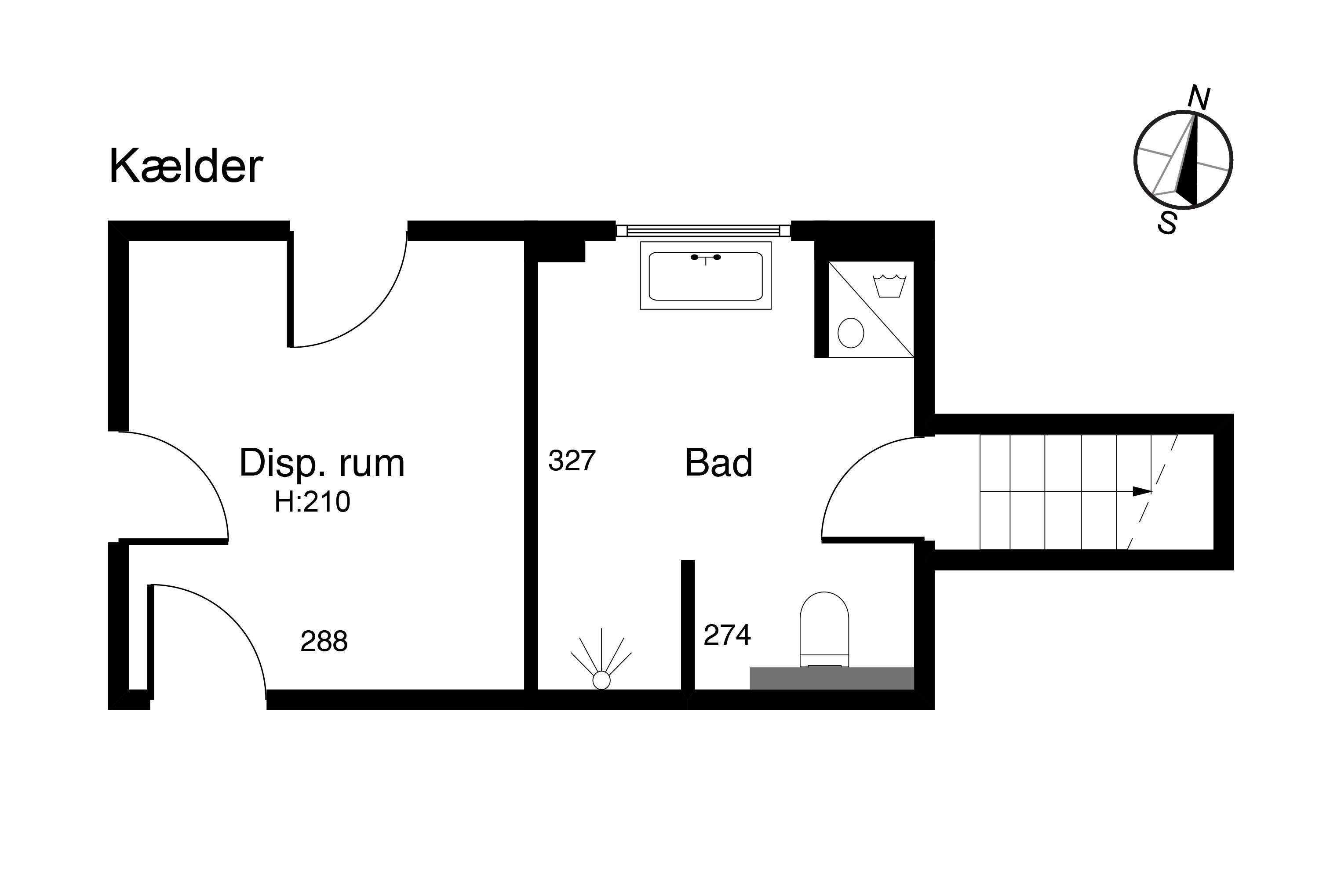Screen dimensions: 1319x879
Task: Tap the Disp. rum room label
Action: (321, 464)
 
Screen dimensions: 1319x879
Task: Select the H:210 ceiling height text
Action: (312, 502)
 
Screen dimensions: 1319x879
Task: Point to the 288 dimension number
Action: (324, 641)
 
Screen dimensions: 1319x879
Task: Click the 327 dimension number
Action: (572, 461)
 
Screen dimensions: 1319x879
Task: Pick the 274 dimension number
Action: (727, 635)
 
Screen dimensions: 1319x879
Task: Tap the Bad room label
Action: (718, 463)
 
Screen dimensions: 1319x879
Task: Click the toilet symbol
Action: (824, 629)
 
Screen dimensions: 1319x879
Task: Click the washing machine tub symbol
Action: (889, 286)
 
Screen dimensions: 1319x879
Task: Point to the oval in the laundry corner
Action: (851, 333)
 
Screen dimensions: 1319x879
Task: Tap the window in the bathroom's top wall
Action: (703, 230)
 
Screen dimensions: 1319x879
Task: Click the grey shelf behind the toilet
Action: (832, 678)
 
